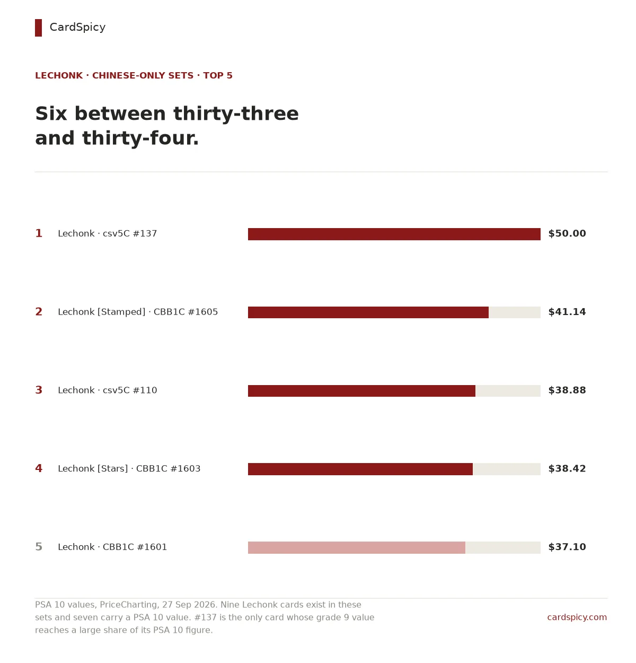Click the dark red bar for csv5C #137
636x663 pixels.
pos(394,234)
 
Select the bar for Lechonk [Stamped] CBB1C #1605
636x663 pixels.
pos(368,312)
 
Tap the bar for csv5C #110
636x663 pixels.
pos(361,390)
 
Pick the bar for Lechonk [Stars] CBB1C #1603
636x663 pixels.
pos(360,469)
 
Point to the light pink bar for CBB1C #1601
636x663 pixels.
pos(356,547)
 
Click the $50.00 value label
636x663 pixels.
pos(567,233)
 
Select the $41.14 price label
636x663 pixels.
pos(567,312)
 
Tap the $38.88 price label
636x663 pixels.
pos(567,390)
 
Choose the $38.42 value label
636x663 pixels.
pos(567,468)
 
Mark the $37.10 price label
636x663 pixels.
pos(567,547)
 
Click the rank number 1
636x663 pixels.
pos(39,233)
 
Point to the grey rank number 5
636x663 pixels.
pos(39,547)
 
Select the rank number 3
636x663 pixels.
pos(39,390)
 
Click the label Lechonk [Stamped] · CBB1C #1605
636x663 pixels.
pos(138,312)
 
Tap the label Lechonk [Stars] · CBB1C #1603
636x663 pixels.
pos(129,469)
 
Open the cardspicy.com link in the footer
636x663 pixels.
pos(577,617)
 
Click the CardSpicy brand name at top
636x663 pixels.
pos(77,27)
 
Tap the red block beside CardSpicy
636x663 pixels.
pos(38,28)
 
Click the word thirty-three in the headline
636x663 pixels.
pos(236,114)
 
